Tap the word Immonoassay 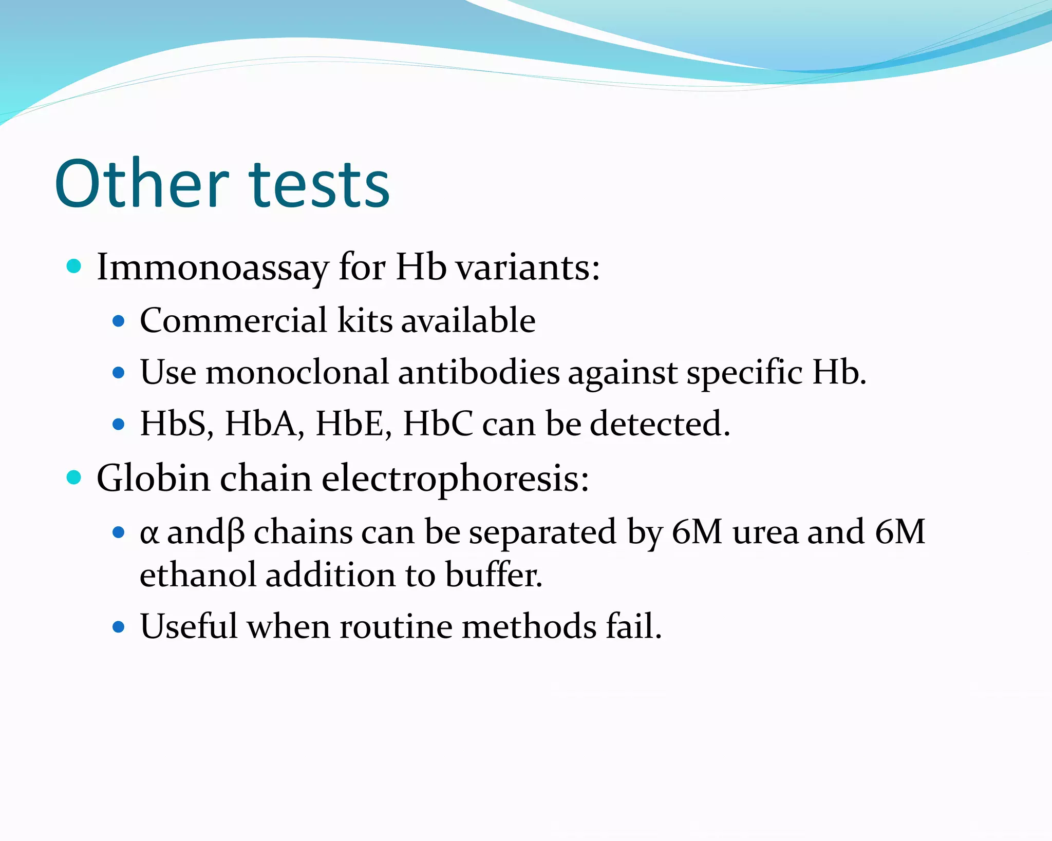[212, 268]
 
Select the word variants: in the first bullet [528, 268]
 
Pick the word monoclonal [297, 372]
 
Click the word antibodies [479, 372]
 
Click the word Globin [153, 479]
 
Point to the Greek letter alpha [148, 533]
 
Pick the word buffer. [493, 575]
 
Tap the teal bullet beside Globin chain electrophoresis [74, 477]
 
